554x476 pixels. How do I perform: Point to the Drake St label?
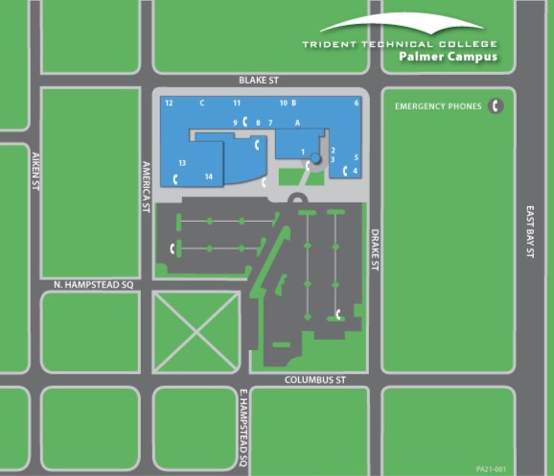pos(376,249)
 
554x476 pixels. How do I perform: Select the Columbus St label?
pos(314,381)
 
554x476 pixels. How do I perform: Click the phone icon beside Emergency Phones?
pos(496,107)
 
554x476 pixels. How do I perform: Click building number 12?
pos(168,102)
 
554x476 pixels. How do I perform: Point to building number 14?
pos(208,177)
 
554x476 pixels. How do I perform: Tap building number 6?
pos(356,102)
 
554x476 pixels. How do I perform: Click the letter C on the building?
pos(202,102)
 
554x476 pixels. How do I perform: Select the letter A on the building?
pos(298,122)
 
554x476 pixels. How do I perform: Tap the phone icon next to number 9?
pos(245,121)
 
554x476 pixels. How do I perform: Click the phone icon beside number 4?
pos(344,171)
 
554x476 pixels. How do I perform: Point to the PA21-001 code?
pos(490,468)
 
